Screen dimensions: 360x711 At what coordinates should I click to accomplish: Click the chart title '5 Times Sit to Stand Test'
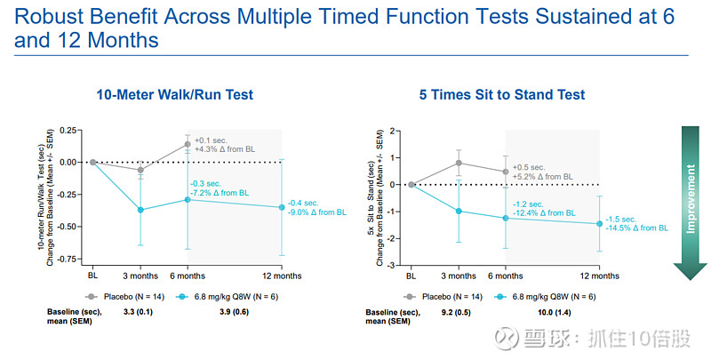tap(502, 95)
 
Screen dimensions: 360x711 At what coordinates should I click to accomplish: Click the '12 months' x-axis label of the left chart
tap(283, 275)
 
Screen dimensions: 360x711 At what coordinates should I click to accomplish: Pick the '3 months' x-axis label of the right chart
tap(459, 275)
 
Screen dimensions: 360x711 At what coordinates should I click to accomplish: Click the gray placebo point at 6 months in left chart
tap(188, 144)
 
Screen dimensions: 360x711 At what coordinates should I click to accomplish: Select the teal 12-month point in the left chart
tap(283, 207)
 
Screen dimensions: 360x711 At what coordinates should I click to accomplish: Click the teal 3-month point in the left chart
tap(140, 210)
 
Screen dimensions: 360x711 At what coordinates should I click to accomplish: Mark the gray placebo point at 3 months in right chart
tap(459, 163)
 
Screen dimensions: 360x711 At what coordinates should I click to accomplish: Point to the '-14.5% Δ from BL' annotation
tap(637, 228)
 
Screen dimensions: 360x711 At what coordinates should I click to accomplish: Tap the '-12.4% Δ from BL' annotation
tap(545, 213)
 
